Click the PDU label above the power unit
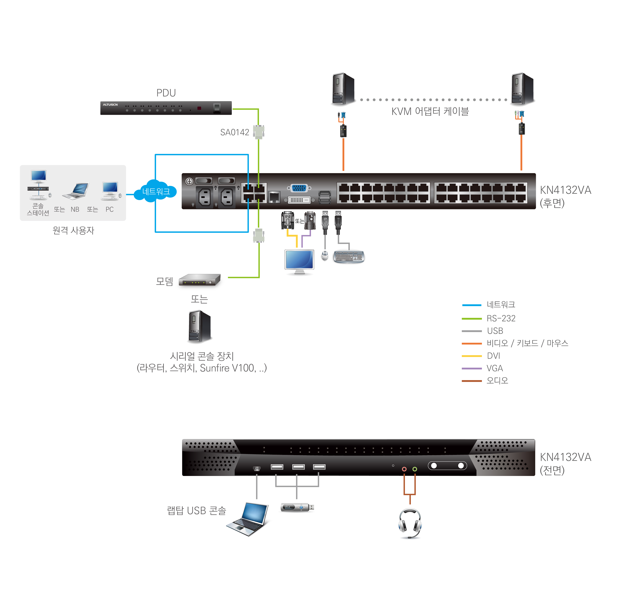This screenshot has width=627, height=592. (x=166, y=93)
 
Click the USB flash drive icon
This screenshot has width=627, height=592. (x=297, y=507)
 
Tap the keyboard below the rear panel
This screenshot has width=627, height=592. (x=349, y=257)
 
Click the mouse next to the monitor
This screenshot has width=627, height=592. (x=325, y=255)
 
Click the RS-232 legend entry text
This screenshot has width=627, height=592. (x=501, y=318)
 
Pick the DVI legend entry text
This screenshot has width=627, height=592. (x=494, y=356)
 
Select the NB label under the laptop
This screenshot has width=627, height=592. (x=75, y=210)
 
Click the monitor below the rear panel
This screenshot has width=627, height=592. (x=299, y=261)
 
